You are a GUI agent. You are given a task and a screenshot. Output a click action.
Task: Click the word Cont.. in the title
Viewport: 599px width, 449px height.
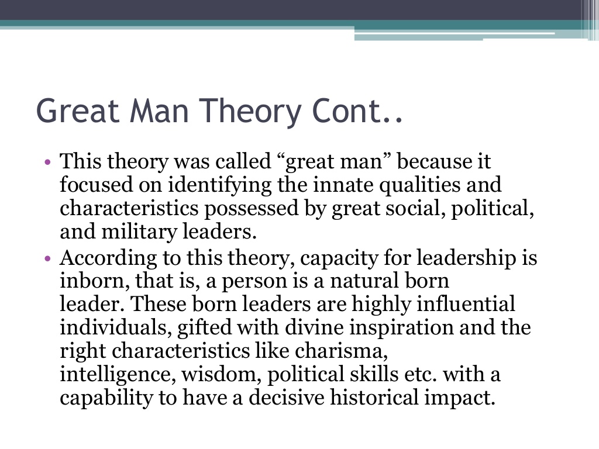(357, 110)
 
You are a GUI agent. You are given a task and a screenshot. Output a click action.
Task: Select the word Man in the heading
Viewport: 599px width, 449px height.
(159, 110)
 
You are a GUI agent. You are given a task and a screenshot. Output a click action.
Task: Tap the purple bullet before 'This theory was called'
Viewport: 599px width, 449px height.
(47, 162)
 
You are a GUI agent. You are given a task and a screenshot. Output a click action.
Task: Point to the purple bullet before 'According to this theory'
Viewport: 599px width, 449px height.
(47, 258)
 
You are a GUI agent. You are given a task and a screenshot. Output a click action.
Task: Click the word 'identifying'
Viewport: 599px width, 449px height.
(220, 185)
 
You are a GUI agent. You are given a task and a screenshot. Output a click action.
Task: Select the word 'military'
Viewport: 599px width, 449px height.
(139, 232)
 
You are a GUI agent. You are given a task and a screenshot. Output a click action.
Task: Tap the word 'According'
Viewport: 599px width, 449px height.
(108, 258)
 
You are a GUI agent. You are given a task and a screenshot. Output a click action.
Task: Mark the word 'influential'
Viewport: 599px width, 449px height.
(466, 304)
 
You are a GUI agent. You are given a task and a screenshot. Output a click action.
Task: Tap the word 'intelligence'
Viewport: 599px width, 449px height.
(115, 374)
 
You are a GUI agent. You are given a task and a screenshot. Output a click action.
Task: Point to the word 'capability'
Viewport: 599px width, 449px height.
(106, 398)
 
